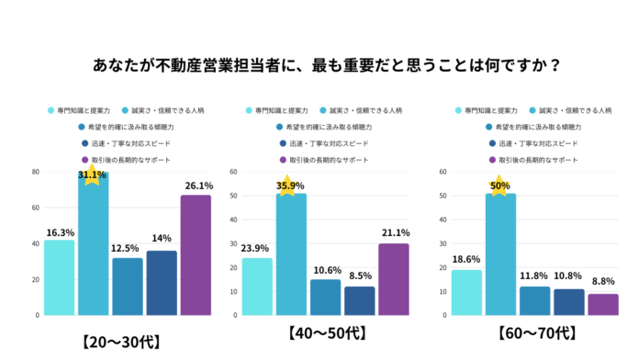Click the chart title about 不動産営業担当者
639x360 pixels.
(x=319, y=66)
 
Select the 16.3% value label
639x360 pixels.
(x=59, y=233)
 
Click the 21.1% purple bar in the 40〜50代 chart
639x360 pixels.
(x=394, y=279)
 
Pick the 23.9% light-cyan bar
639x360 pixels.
(x=257, y=286)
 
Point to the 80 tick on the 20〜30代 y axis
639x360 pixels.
(x=34, y=172)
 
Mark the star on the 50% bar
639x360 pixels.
(x=499, y=186)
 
